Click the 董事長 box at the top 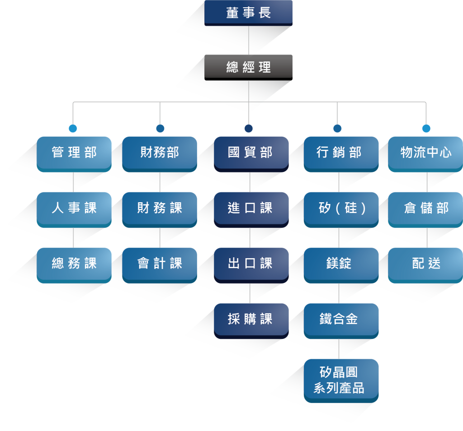click(x=248, y=13)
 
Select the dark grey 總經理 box click(x=248, y=67)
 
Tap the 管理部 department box click(x=74, y=153)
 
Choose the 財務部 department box click(x=160, y=153)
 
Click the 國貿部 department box click(x=251, y=153)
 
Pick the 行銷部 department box click(x=340, y=153)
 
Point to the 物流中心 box click(x=425, y=153)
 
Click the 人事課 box click(x=74, y=209)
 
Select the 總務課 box click(x=74, y=264)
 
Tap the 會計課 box click(x=160, y=264)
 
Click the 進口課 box click(x=251, y=209)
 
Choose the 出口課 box click(x=251, y=264)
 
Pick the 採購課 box click(x=251, y=320)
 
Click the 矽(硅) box click(x=340, y=209)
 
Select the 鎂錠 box click(x=340, y=264)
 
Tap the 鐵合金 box click(x=340, y=320)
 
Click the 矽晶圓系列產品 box click(x=340, y=380)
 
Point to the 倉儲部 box click(x=425, y=209)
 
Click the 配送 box click(x=425, y=264)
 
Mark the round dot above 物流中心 click(x=426, y=129)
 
